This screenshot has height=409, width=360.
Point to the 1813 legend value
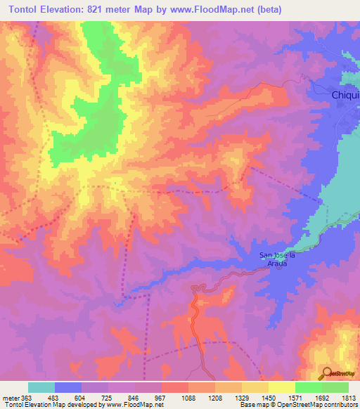347,397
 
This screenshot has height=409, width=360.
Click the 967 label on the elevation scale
161,397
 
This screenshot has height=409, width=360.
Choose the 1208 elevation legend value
215,397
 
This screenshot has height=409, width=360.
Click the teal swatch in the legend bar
41,387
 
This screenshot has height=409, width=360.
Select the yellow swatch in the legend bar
281,387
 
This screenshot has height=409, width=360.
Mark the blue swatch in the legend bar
68,387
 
